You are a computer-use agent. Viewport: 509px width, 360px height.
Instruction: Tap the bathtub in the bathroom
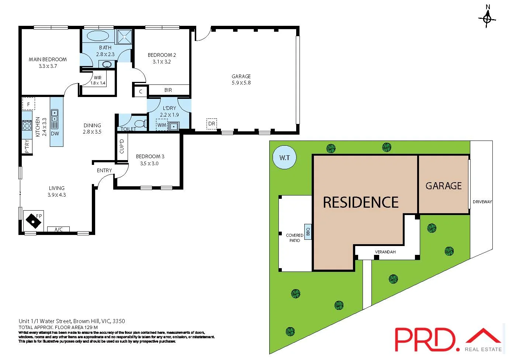click(x=98, y=37)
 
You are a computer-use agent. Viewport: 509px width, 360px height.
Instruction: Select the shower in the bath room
click(x=125, y=37)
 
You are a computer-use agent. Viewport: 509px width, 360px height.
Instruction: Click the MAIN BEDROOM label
click(x=48, y=59)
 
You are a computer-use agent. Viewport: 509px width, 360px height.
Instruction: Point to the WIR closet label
click(x=98, y=78)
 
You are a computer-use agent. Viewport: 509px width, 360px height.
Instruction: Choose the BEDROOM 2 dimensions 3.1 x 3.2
click(x=162, y=62)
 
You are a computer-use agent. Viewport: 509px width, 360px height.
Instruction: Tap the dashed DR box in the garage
click(x=212, y=124)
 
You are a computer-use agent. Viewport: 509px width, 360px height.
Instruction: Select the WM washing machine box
click(x=162, y=125)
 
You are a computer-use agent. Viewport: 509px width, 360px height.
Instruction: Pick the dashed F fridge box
click(x=28, y=104)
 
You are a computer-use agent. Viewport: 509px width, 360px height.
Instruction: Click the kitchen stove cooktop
click(x=27, y=125)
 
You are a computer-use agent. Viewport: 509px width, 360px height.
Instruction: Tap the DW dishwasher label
click(x=55, y=134)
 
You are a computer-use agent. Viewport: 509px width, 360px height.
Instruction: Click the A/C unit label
click(x=58, y=229)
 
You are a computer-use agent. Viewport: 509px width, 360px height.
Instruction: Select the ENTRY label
click(x=104, y=170)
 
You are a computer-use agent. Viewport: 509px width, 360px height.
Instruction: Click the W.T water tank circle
click(x=284, y=158)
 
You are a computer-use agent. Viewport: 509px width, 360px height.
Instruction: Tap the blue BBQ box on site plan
click(x=308, y=232)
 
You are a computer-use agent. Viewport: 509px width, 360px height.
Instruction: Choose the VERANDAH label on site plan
click(x=385, y=252)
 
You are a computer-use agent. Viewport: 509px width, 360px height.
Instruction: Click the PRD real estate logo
click(x=448, y=339)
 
